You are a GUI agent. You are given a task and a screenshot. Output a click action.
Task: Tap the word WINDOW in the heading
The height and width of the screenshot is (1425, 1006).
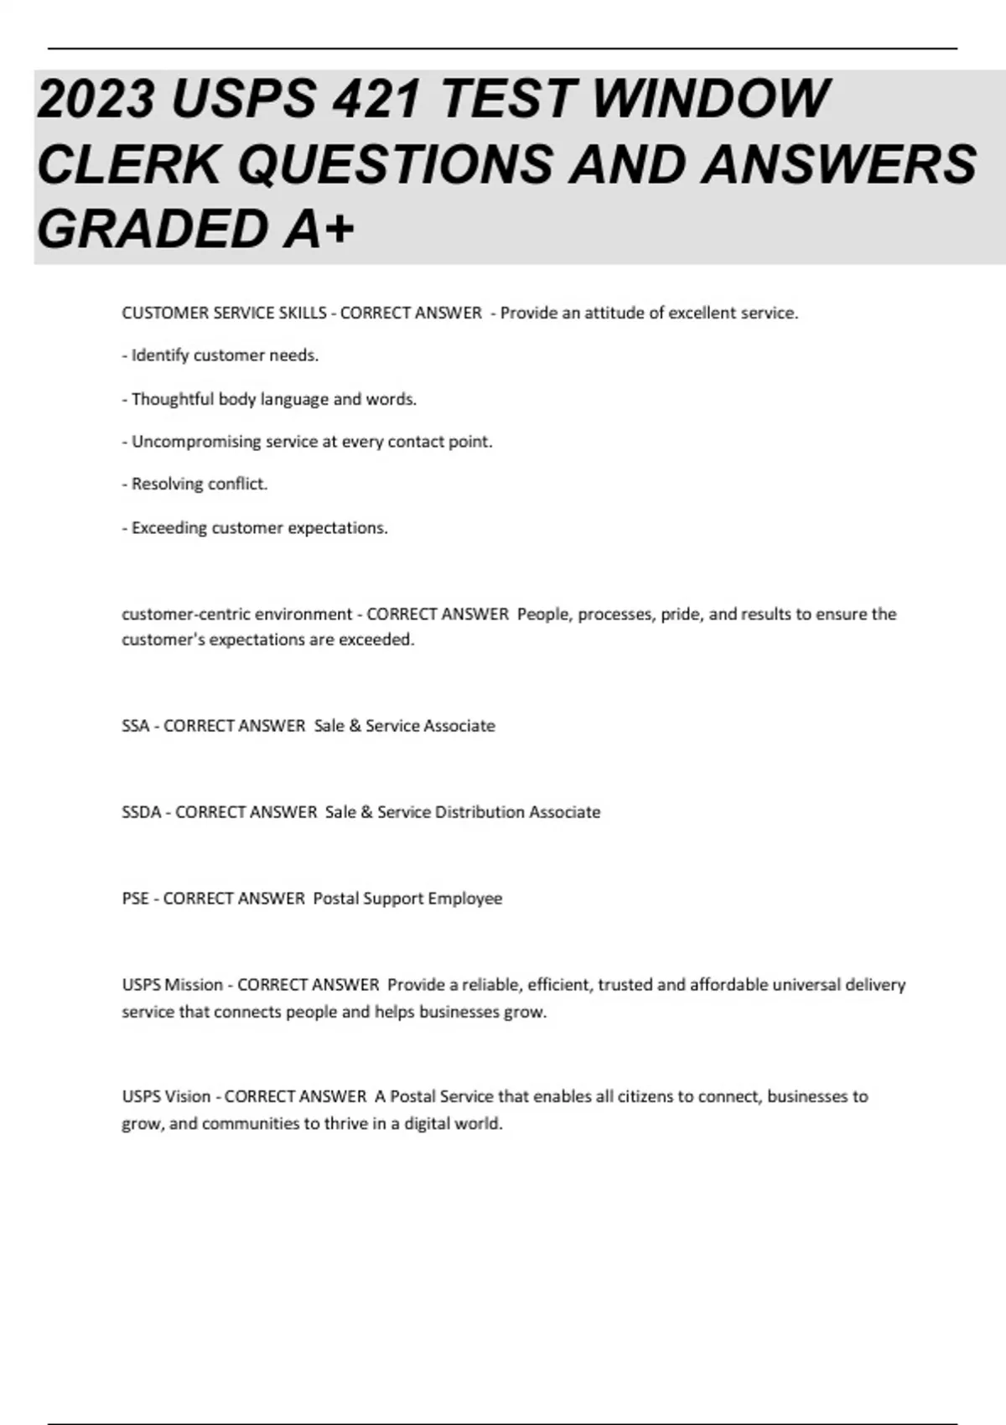[711, 99]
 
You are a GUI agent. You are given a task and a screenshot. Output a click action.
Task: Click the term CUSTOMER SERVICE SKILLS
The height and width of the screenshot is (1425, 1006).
[224, 313]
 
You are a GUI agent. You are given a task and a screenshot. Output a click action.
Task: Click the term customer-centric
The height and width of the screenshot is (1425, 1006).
[184, 614]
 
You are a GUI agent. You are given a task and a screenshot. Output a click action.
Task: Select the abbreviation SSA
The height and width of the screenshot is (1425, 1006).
[135, 726]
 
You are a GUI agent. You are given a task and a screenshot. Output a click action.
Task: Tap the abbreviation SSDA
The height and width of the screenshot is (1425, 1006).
[141, 812]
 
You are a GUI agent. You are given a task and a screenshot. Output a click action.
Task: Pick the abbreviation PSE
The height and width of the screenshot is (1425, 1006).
[135, 899]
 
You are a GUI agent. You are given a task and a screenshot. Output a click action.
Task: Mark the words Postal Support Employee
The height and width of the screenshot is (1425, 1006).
[407, 899]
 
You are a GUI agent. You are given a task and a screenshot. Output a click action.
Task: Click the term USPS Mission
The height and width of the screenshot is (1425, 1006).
[172, 985]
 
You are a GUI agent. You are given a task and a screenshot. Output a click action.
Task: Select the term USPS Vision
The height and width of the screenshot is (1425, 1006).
[166, 1096]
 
